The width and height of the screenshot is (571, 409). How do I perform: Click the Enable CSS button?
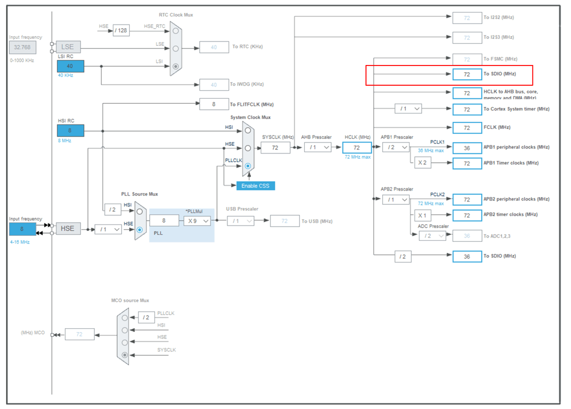click(x=256, y=186)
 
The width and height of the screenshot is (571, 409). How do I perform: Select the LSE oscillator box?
click(x=68, y=47)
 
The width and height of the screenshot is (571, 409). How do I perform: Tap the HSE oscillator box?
click(x=68, y=229)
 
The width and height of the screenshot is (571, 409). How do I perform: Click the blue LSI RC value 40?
click(x=71, y=66)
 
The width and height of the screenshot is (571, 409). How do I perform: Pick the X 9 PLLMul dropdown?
click(x=197, y=221)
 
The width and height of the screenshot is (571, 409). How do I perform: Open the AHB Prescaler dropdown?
click(x=318, y=147)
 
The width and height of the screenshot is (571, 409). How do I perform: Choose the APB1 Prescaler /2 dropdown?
click(x=396, y=147)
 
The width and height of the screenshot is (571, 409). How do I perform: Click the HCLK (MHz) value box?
click(x=357, y=147)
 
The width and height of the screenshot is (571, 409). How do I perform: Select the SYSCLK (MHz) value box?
click(x=275, y=147)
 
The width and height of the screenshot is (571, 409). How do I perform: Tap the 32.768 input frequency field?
click(x=22, y=47)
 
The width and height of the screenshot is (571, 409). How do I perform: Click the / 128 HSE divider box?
click(x=121, y=30)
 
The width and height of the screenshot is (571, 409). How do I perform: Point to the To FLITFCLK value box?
click(x=214, y=104)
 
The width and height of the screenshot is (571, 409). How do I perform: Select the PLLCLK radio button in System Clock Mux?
click(x=248, y=165)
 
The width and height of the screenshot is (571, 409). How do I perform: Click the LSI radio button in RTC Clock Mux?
click(x=176, y=67)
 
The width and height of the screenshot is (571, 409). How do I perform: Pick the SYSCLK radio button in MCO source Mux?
click(x=125, y=355)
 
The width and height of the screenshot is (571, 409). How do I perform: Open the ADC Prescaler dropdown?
click(x=432, y=236)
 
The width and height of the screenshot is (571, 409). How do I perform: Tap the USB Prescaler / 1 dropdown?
click(x=241, y=221)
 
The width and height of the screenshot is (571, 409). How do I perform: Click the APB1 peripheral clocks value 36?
click(x=467, y=147)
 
